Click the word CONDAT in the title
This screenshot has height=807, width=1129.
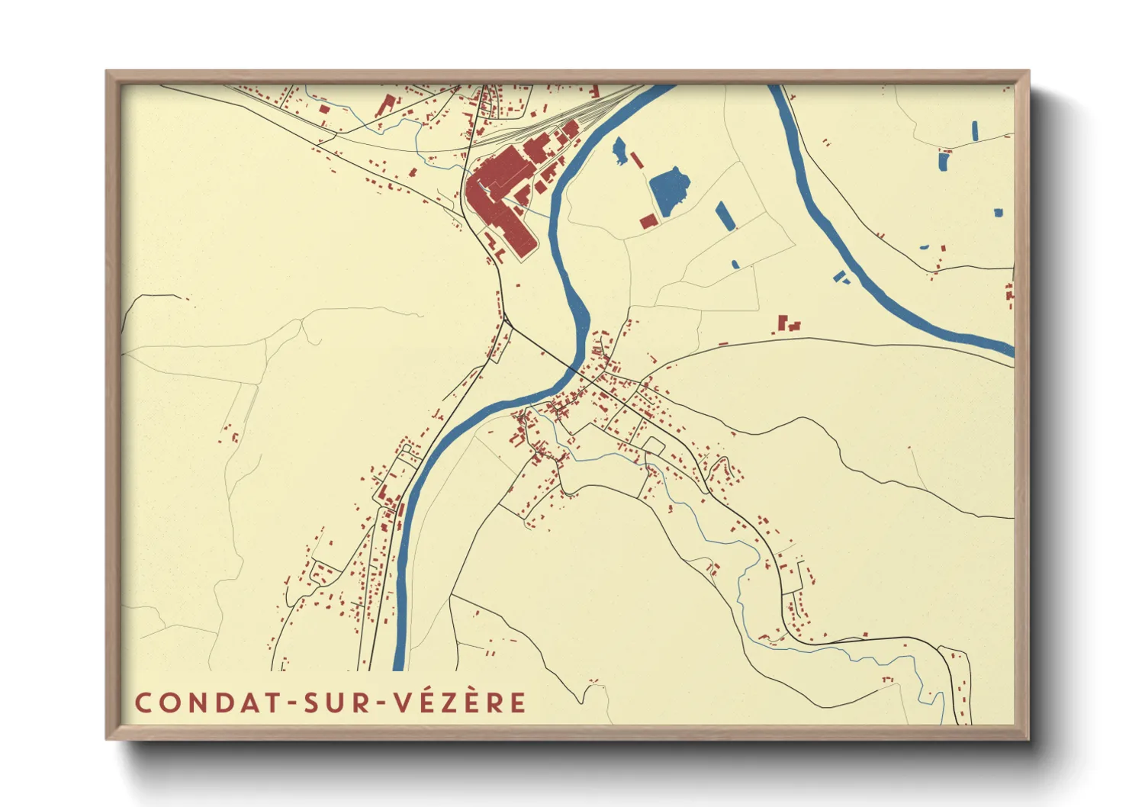(x=205, y=703)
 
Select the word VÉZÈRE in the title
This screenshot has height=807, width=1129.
(x=460, y=703)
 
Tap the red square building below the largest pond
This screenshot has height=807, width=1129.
(x=648, y=221)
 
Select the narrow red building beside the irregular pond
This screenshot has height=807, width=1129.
(x=636, y=160)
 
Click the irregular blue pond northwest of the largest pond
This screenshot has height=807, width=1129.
(x=620, y=150)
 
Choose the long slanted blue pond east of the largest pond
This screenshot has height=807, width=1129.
(x=725, y=215)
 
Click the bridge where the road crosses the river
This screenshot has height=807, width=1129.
(x=573, y=368)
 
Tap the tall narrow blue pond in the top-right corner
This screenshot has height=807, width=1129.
(x=975, y=130)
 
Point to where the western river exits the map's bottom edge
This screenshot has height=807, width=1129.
(x=398, y=667)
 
